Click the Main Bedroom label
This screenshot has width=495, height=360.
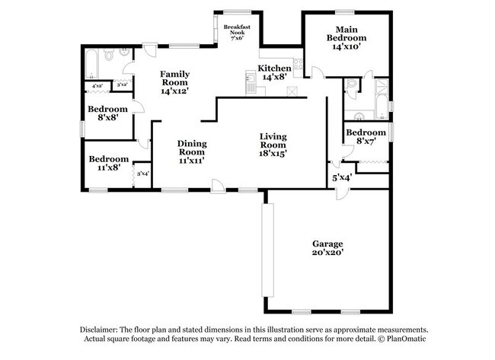[346, 37]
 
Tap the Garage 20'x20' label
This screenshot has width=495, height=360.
[327, 248]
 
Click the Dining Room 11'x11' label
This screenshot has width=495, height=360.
[192, 152]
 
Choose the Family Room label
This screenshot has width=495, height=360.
[174, 82]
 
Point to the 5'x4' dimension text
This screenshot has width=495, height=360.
[340, 177]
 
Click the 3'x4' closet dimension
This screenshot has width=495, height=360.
[142, 174]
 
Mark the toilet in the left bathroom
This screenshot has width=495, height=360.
[110, 55]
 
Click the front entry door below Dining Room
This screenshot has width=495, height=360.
[218, 184]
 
